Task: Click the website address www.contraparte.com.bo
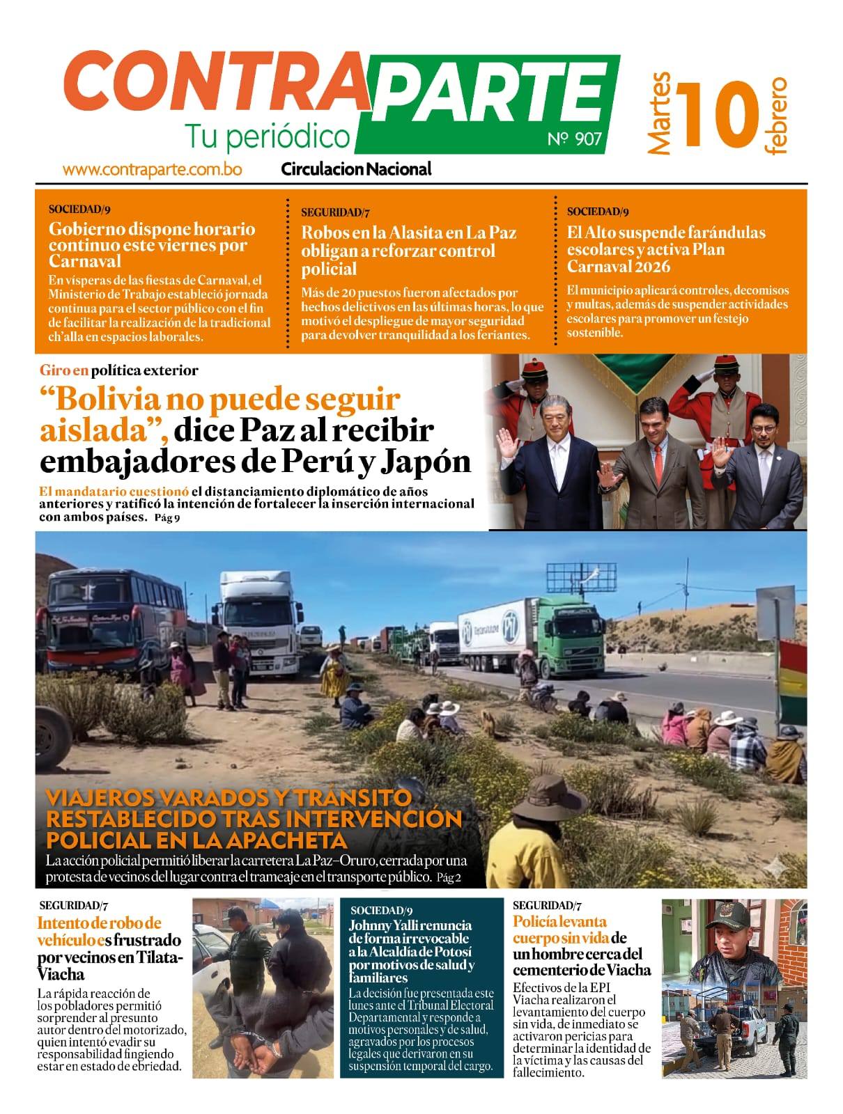152,169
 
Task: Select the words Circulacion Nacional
356,168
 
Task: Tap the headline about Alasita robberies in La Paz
408,251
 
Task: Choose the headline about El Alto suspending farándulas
665,249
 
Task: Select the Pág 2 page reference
449,878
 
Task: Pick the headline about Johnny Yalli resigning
411,951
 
